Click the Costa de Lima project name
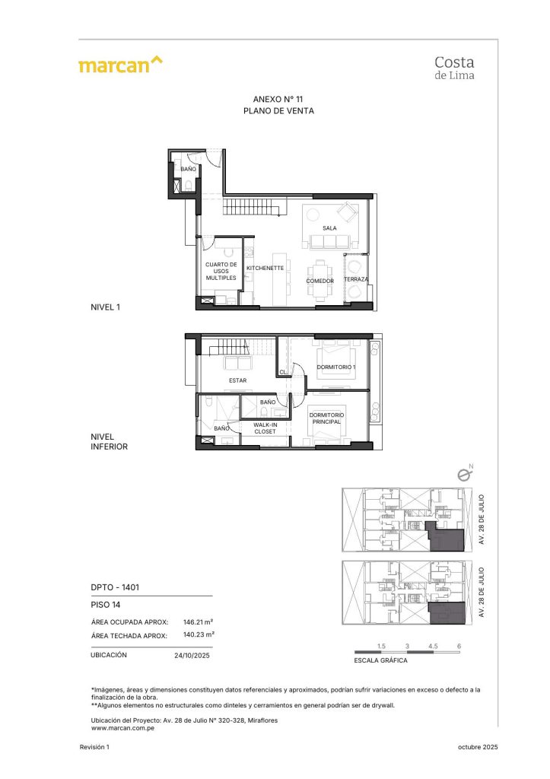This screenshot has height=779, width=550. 453,66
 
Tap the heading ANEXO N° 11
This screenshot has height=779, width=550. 278,99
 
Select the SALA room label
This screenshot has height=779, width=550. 329,228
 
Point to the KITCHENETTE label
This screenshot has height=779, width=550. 265,268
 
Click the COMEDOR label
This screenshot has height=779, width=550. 320,281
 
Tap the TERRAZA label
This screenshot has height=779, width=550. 356,280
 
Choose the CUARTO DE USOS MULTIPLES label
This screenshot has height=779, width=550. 221,272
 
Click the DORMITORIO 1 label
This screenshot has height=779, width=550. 336,367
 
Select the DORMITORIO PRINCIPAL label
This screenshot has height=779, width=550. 327,418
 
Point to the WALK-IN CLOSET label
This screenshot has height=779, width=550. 265,428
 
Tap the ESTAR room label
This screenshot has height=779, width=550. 237,380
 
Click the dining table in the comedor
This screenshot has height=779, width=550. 320,269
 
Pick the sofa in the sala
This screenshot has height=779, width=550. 329,241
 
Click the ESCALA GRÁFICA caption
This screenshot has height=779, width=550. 381,660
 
